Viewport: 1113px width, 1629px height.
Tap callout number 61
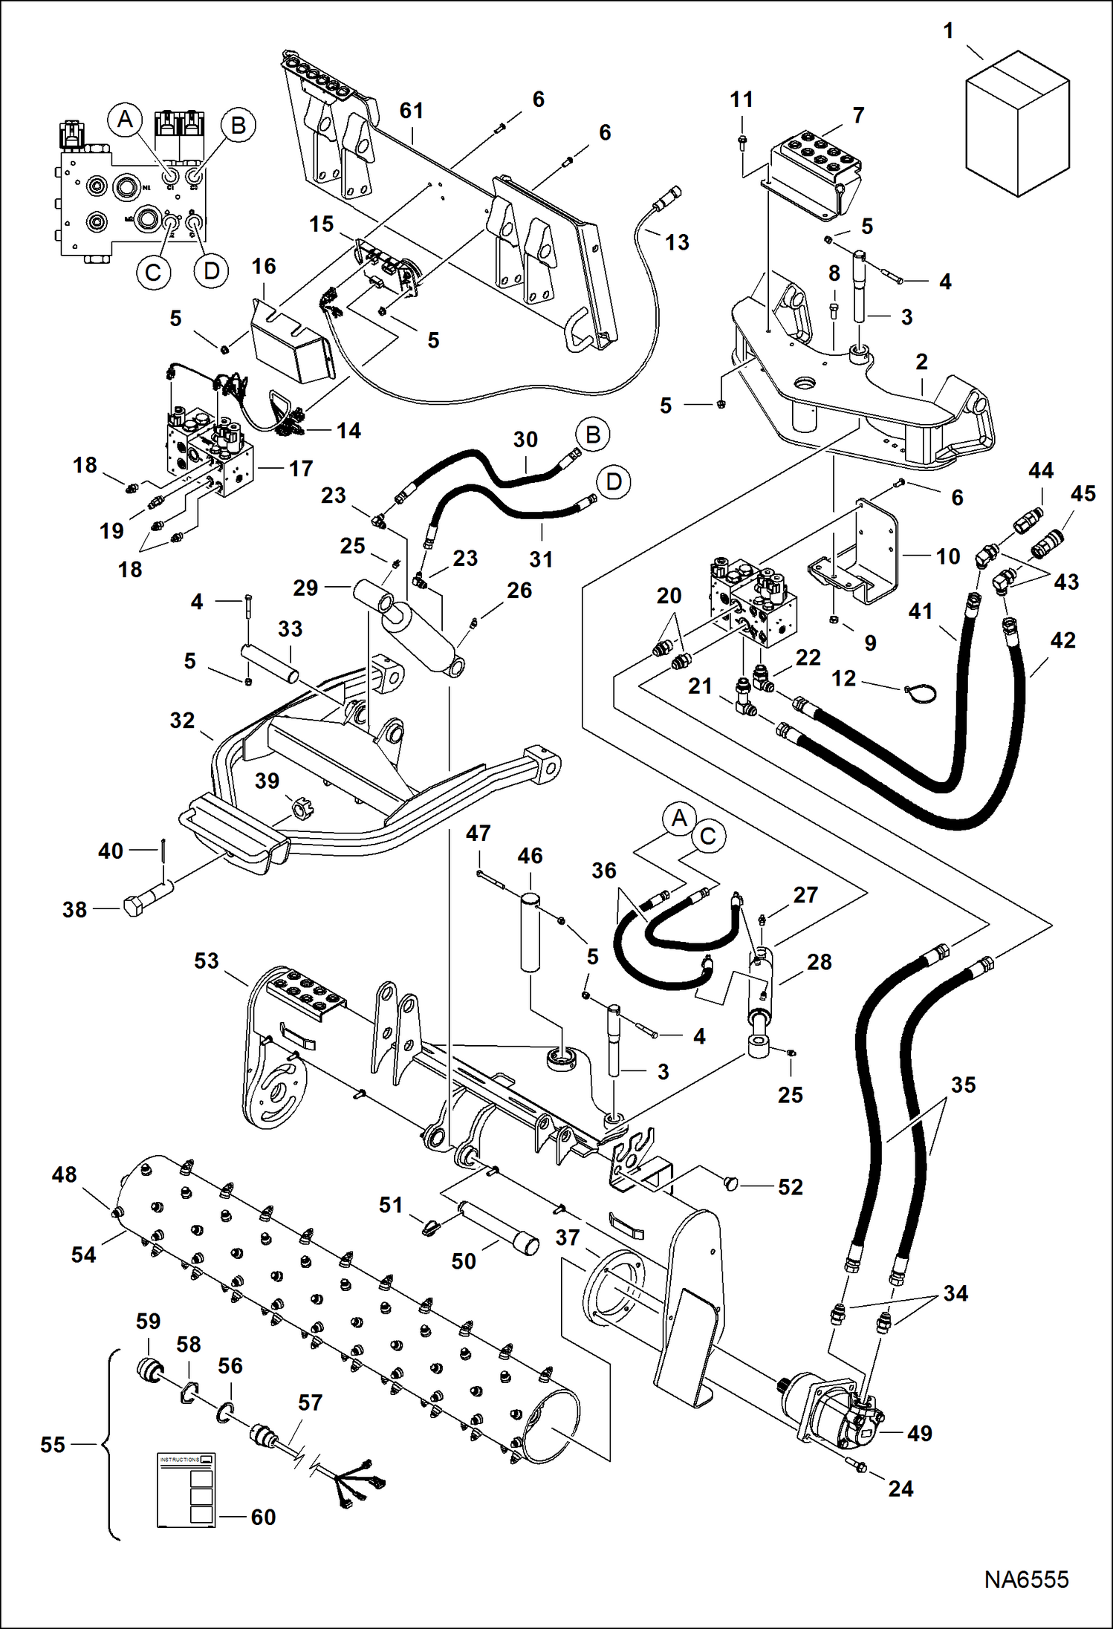pos(412,111)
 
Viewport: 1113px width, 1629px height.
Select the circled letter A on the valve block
pos(125,120)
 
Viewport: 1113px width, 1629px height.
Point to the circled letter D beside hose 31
pos(614,482)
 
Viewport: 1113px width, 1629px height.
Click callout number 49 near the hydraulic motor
pos(919,1433)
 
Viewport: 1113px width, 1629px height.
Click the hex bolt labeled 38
pos(146,905)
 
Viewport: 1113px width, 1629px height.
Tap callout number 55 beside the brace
pos(53,1444)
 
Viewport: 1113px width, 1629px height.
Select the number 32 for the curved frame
pos(182,720)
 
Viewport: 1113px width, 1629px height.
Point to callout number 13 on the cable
pos(677,242)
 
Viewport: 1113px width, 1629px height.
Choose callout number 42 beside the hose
pos(1062,640)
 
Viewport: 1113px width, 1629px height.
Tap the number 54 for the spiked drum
pos(83,1255)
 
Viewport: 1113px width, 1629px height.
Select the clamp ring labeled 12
pos(921,692)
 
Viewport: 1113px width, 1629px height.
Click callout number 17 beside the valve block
pos(301,469)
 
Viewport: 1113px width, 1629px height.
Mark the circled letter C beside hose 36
pos(707,836)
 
